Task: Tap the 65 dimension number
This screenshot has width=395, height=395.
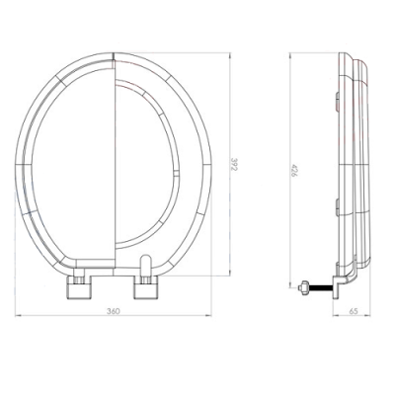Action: coord(355,312)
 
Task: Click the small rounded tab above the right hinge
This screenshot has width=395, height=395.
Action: coord(147,265)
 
